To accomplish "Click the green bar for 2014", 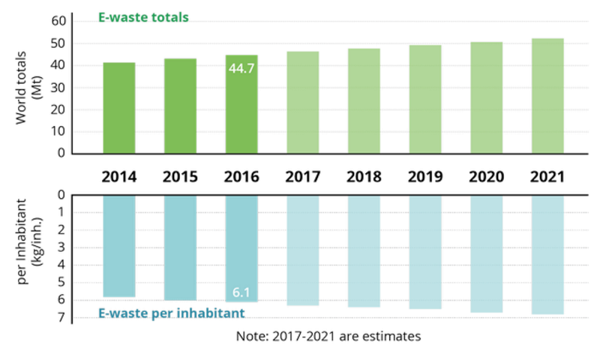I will click(119, 107).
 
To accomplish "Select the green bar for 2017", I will click(303, 101).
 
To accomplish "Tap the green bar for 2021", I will click(547, 95).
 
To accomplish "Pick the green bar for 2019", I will click(425, 98).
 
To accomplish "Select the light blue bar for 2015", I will click(180, 247).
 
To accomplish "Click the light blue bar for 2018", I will click(364, 252).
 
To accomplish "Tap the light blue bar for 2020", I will click(486, 254).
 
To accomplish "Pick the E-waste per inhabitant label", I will click(172, 312).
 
